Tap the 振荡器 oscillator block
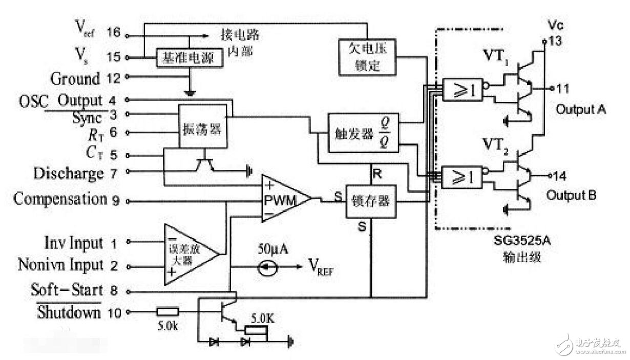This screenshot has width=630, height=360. coord(202,128)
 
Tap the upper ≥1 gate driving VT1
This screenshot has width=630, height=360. coord(464,91)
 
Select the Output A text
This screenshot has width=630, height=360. coord(581,109)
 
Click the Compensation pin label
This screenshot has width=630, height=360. coord(58,199)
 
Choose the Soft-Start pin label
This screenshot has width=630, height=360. coord(67,289)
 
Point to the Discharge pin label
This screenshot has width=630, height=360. coord(68,173)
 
